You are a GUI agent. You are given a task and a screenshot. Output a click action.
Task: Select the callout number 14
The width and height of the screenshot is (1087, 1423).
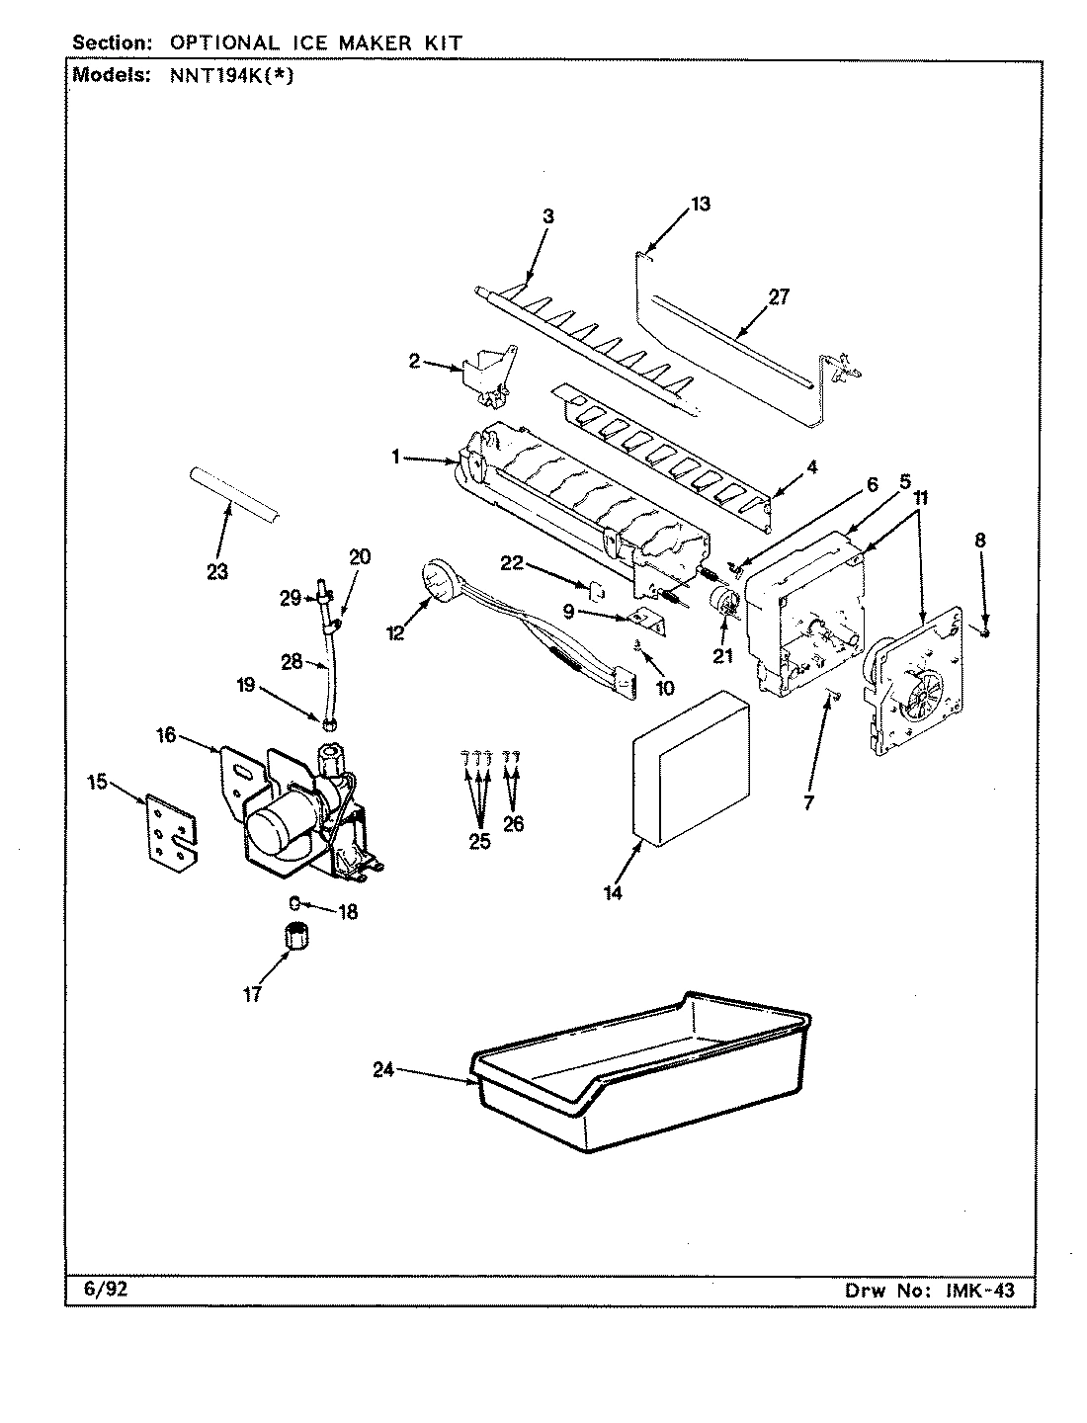coord(613,892)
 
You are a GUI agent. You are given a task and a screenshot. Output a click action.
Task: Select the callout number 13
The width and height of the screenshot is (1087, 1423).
coord(700,205)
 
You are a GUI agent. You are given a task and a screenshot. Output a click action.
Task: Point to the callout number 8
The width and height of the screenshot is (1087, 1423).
coord(979,541)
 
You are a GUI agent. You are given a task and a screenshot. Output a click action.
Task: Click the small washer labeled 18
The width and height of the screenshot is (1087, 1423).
coord(293,901)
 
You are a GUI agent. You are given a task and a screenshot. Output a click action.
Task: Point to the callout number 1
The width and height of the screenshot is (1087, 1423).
coord(395,457)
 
